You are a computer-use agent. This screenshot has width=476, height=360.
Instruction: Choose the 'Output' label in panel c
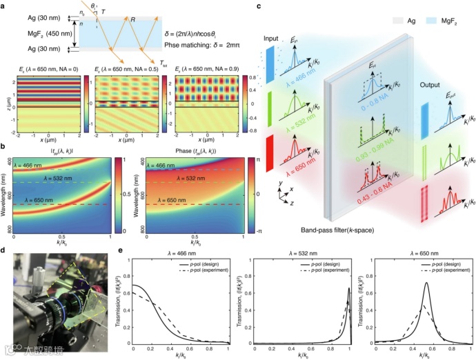pyautogui.click(x=431, y=85)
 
